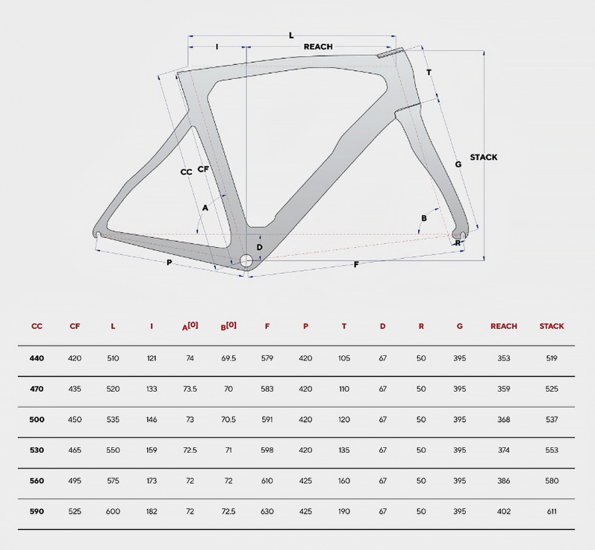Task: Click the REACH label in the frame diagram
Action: click(318, 46)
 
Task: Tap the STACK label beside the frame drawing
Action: click(484, 157)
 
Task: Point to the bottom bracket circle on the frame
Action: click(246, 260)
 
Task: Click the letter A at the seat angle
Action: click(205, 207)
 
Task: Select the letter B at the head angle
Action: click(424, 218)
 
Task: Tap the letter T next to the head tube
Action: click(429, 72)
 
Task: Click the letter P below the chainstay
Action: click(169, 262)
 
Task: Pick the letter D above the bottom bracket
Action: click(260, 247)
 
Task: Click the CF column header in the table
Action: click(75, 326)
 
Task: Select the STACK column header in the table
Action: click(552, 326)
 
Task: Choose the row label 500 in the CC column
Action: click(37, 419)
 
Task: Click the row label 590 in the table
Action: click(37, 512)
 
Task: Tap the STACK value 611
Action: click(552, 512)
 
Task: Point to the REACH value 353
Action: click(504, 358)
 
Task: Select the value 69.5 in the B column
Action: click(229, 358)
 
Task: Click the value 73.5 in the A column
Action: click(189, 389)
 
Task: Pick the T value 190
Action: click(344, 512)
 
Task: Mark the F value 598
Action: click(267, 450)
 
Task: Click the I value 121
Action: click(152, 358)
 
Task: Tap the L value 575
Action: click(113, 480)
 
